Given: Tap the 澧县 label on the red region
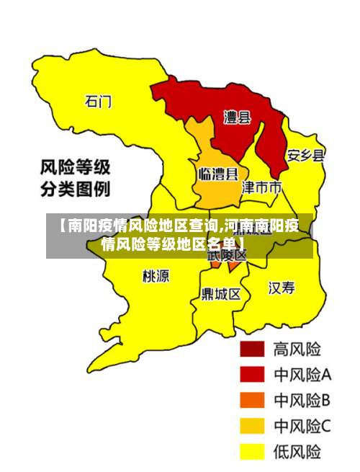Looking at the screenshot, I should click(236, 117).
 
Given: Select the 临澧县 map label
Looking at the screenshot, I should click(217, 174).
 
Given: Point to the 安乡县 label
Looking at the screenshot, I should click(305, 155).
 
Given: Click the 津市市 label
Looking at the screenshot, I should click(260, 187).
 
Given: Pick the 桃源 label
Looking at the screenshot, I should click(156, 275).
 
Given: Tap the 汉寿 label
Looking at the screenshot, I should click(282, 288).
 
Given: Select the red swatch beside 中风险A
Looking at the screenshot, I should click(252, 374).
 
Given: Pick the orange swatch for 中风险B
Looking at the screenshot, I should click(252, 400).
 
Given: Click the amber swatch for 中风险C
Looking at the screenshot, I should click(252, 426).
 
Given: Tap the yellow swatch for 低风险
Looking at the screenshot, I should click(252, 452).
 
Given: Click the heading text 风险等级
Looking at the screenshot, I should click(75, 168).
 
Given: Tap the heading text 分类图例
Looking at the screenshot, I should click(75, 191).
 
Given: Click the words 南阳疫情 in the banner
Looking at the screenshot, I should click(94, 226).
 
